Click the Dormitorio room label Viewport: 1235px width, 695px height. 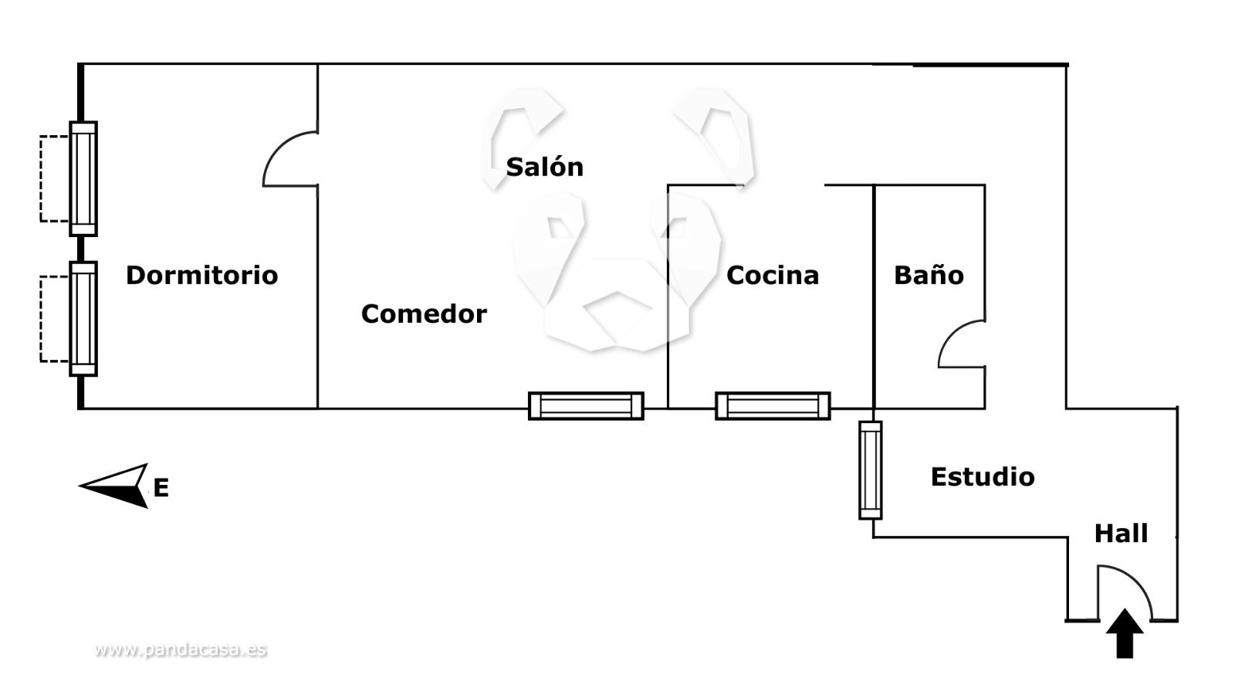click(201, 275)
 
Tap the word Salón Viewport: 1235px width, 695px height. click(544, 167)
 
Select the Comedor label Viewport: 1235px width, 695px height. click(424, 314)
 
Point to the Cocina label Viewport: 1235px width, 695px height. click(772, 275)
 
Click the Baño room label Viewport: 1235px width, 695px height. click(929, 275)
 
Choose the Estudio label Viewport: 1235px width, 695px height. click(982, 476)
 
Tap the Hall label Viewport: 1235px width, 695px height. click(1121, 534)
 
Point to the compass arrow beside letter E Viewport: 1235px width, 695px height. click(116, 486)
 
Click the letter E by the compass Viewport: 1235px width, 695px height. click(161, 488)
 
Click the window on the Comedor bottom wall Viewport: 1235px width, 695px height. click(586, 405)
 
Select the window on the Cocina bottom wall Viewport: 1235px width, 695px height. click(773, 405)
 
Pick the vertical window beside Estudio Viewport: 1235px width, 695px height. click(871, 470)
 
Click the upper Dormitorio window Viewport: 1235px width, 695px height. click(83, 178)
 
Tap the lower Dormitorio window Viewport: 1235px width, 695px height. click(83, 318)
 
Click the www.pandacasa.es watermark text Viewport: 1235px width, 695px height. click(181, 649)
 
